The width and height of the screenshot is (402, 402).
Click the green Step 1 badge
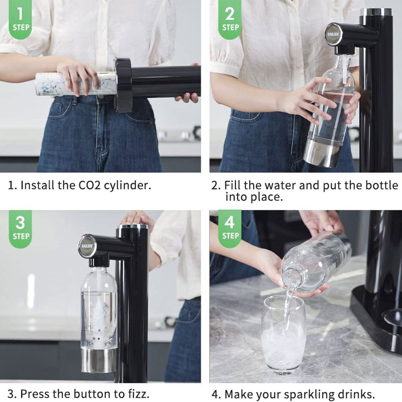(21, 19)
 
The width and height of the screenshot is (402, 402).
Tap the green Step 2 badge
(230, 19)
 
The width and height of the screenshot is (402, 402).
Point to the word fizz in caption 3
(137, 394)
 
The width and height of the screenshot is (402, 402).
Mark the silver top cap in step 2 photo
(376, 12)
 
